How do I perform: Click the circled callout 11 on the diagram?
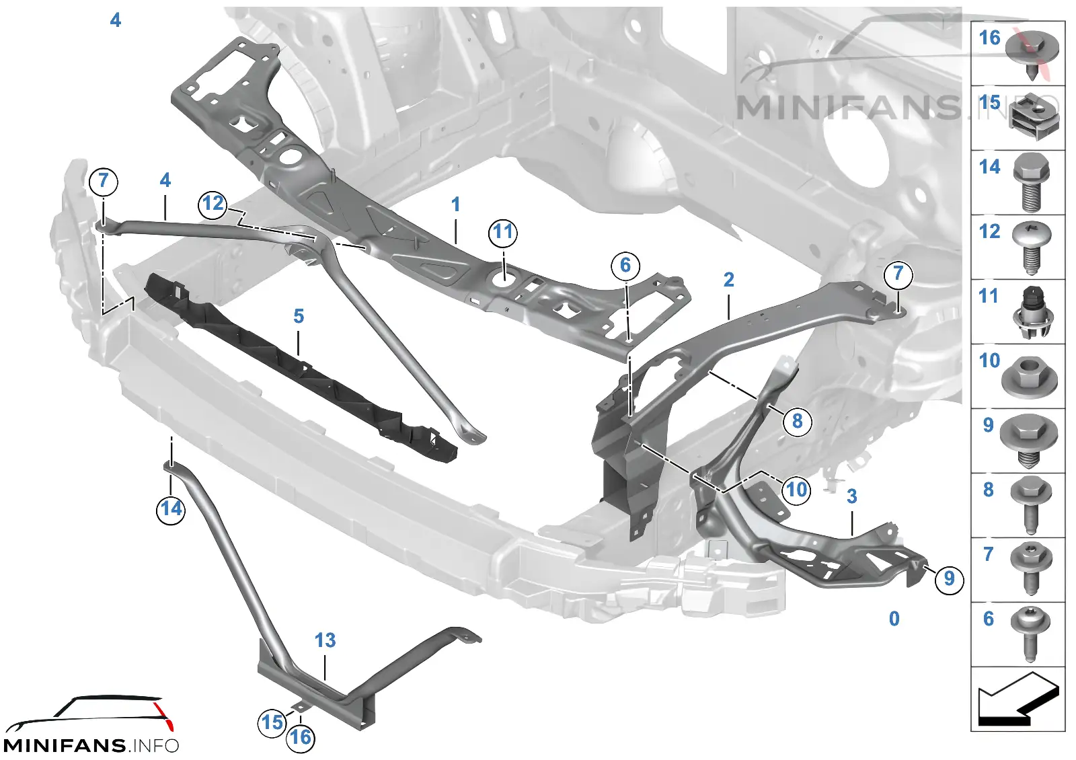coord(503,233)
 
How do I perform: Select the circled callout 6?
coord(625,265)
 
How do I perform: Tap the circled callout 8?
coord(798,421)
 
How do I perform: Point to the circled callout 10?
coord(796,490)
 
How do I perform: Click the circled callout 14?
coord(171,508)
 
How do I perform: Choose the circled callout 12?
coord(213,204)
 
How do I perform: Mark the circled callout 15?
coord(272,722)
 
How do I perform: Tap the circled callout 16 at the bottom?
coord(301,737)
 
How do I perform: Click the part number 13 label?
coord(325,640)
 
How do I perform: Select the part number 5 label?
coord(299,316)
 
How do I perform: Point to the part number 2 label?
coord(729,280)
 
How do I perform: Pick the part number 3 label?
coord(851,496)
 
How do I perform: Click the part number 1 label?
coord(455,204)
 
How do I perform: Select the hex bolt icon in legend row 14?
coord(1031,182)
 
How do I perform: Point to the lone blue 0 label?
coord(894,619)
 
